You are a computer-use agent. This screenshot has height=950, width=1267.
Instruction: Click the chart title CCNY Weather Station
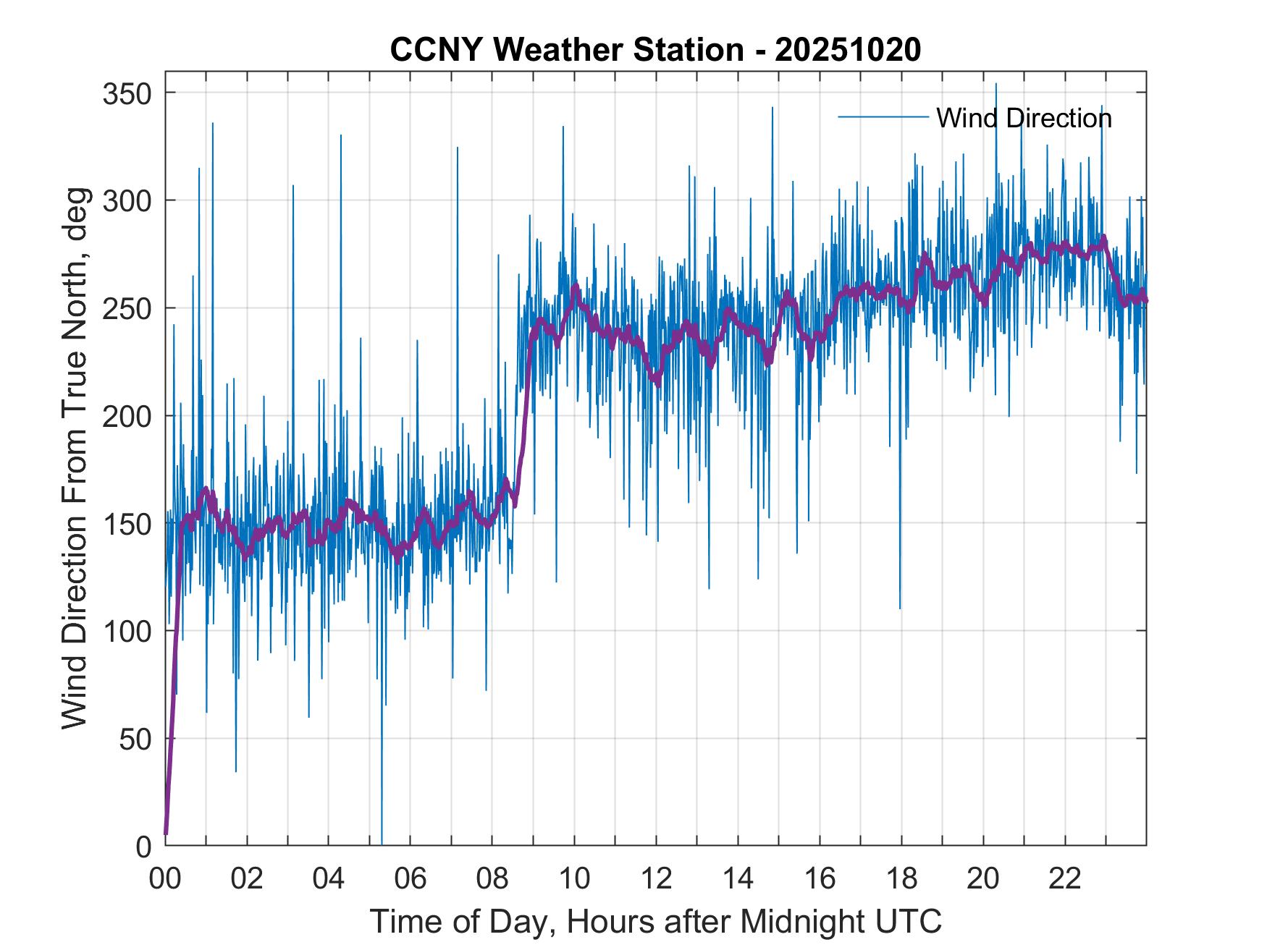[x=655, y=50]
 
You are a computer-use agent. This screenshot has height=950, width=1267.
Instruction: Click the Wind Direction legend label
[x=1024, y=118]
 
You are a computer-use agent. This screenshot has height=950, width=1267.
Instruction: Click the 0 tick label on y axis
[x=144, y=846]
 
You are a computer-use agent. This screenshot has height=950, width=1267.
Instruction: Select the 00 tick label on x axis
[x=165, y=879]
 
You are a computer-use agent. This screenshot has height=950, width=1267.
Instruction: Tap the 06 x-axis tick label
[x=411, y=879]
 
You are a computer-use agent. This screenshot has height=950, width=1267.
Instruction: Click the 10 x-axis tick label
[x=574, y=879]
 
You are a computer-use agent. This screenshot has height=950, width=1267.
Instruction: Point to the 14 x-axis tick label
[x=738, y=879]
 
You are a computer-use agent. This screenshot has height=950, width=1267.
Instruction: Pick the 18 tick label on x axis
[x=901, y=879]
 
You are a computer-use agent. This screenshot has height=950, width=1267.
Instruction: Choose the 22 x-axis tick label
[x=1065, y=879]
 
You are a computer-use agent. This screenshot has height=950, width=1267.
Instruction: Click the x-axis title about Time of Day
[x=655, y=921]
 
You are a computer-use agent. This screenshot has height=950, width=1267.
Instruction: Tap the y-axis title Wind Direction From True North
[x=75, y=459]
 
